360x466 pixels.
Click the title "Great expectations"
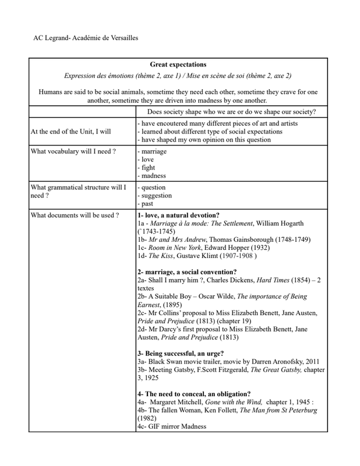tap(178, 64)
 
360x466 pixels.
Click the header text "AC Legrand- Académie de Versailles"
tap(86, 38)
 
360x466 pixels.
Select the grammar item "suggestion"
tap(154, 196)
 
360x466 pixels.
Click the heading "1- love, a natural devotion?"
tap(178, 215)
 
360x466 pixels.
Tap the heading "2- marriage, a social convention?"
tap(187, 271)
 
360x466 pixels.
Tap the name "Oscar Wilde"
tap(219, 296)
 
